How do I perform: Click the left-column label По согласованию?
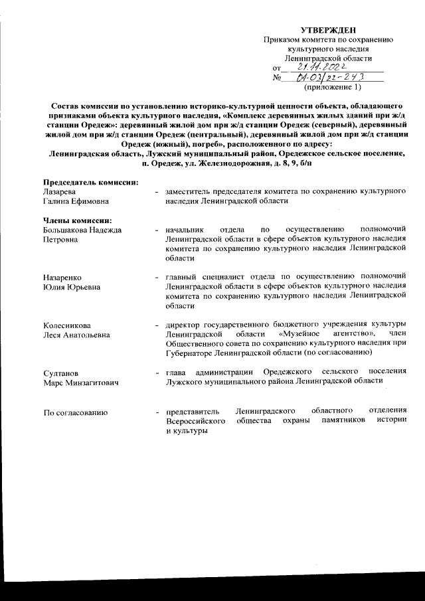tap(75, 413)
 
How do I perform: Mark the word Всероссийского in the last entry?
tap(197, 422)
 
